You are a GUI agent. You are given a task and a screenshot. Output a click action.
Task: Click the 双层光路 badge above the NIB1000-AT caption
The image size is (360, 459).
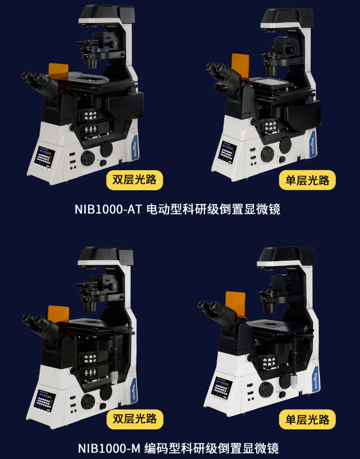coord(135,180)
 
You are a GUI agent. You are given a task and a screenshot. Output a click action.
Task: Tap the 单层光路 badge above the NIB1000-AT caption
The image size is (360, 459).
coord(307,180)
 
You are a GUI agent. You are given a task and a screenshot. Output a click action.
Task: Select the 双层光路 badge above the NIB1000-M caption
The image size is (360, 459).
coord(135,419)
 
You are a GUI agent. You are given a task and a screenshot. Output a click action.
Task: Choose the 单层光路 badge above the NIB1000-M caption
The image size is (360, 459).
coord(307,419)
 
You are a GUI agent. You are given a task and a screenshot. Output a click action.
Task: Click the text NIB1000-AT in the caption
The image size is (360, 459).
coord(108,209)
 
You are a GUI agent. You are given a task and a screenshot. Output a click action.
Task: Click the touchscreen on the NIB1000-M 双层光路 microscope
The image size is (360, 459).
coord(45,400)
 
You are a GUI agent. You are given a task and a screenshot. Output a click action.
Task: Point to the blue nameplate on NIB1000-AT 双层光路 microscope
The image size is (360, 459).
coord(136,147)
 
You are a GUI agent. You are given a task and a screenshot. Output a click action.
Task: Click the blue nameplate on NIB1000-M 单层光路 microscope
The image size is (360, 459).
coord(316,380)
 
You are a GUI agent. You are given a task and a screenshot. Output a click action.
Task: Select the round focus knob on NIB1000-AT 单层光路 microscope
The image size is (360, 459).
coord(267,154)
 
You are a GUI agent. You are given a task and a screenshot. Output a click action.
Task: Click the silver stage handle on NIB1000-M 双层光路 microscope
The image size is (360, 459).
coord(114,377)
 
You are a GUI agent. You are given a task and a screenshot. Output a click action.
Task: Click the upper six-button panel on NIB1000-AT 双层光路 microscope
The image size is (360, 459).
coord(91,115)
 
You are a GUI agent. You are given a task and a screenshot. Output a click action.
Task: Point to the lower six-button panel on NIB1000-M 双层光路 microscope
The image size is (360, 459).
coord(91,372)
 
